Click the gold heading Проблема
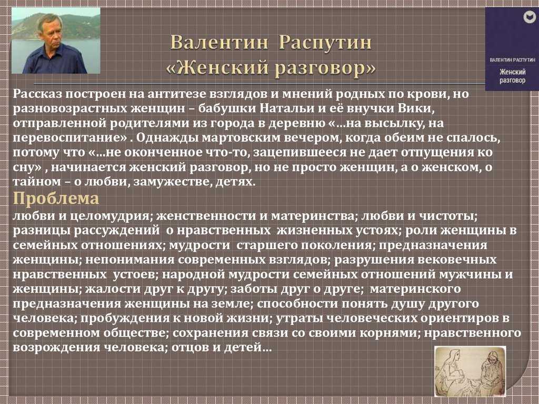(56, 199)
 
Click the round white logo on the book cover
(527, 17)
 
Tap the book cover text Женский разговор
(512, 76)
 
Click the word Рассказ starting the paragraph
(37, 94)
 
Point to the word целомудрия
(111, 216)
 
